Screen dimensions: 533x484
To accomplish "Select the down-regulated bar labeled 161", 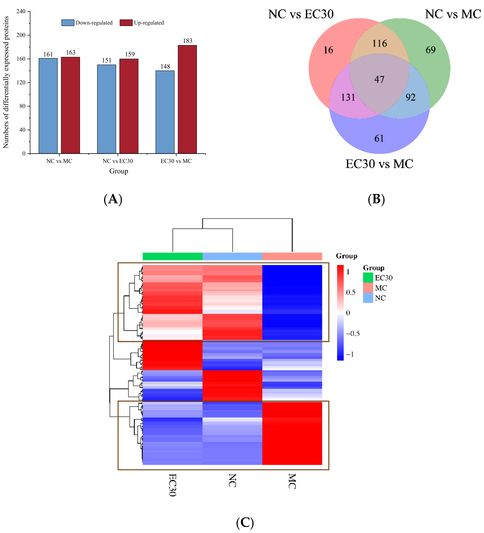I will coord(48,106).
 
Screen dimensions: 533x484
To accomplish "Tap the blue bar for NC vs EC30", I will coord(106,109).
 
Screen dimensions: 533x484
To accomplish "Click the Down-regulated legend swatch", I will coord(68,23).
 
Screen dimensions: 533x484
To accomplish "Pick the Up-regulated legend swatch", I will coord(126,23).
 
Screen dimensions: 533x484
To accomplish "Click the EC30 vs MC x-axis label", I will coord(176,161).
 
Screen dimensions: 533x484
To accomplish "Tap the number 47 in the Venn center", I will coord(379,79).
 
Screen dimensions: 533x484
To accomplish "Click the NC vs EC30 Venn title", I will coord(301,14).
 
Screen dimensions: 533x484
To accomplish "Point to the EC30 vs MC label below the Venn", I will coord(379,164).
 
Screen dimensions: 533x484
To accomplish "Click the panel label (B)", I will coord(376,199).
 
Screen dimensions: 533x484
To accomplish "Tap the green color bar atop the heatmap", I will coord(172,256).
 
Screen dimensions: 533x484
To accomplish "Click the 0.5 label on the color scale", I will coord(351,292).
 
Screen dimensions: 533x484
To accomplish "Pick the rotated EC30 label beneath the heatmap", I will coord(172,485).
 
